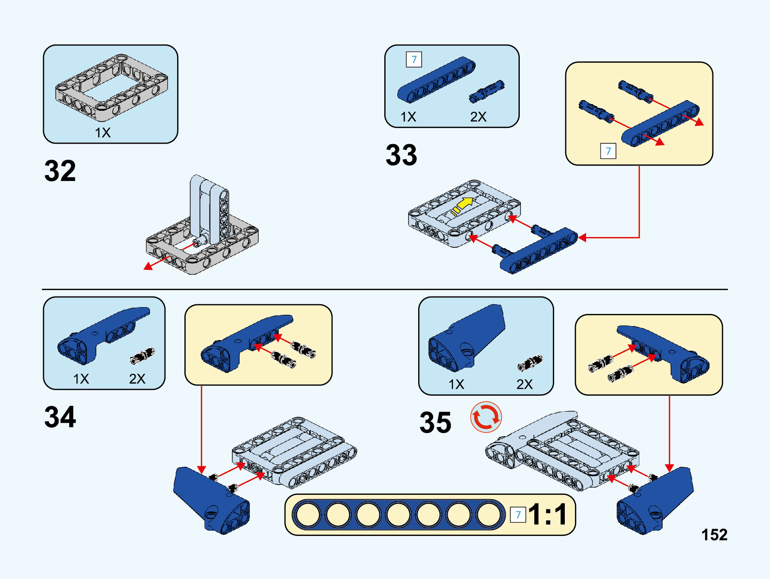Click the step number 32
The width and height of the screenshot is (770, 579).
60,171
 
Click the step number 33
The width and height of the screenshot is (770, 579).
401,155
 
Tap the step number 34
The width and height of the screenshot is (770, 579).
60,417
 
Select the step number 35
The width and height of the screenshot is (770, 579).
435,423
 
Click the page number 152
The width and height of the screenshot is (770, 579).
714,534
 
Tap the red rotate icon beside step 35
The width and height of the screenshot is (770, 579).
486,417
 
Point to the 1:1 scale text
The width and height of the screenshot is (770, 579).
547,514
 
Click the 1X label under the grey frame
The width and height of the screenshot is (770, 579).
103,133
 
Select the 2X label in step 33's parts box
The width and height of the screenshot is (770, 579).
478,117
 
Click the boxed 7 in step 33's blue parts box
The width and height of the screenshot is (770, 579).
414,59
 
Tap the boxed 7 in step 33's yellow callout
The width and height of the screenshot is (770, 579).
608,151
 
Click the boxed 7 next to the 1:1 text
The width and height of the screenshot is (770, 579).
518,515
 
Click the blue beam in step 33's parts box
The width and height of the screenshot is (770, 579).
436,80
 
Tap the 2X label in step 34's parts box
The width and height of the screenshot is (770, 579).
137,379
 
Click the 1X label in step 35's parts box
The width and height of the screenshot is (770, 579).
456,384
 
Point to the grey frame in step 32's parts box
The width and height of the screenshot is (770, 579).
112,87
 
